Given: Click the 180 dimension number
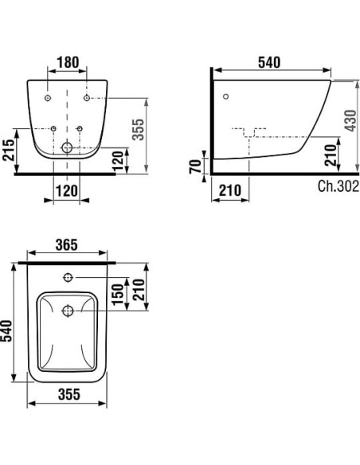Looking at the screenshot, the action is click(x=68, y=62).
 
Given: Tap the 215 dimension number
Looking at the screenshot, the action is click(x=8, y=150).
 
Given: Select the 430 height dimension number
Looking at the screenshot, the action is click(x=351, y=120).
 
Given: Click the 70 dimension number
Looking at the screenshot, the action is click(x=195, y=166).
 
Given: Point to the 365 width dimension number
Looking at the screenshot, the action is click(x=67, y=244).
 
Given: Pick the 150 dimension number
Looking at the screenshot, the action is click(x=117, y=294).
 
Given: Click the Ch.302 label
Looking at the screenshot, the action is click(x=338, y=186).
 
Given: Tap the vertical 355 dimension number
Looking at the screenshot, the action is click(x=139, y=129).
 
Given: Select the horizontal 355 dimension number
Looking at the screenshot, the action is click(x=68, y=394).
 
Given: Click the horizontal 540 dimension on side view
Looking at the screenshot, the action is click(x=269, y=63).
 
